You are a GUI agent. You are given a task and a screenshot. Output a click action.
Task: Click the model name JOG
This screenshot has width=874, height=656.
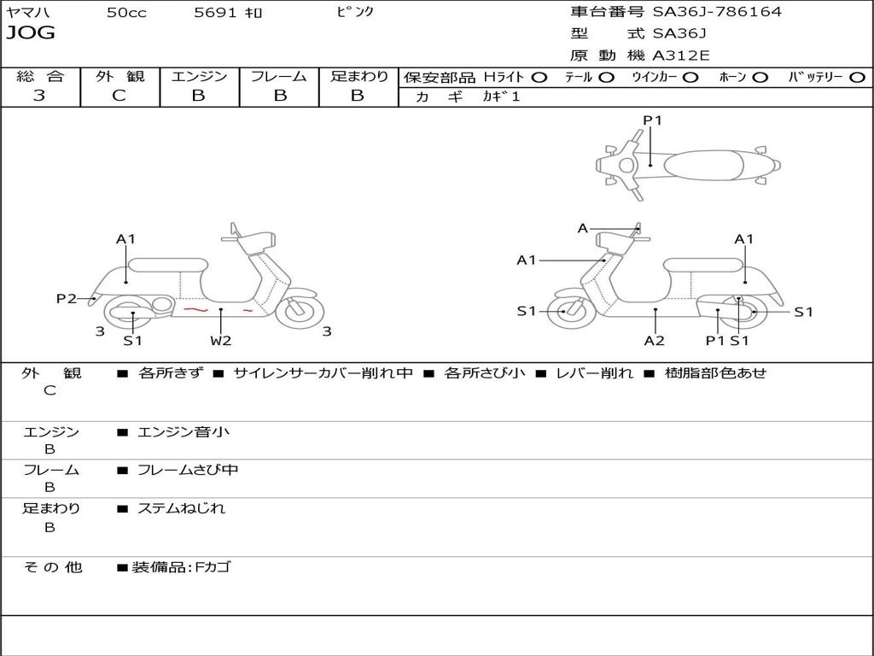[31, 33]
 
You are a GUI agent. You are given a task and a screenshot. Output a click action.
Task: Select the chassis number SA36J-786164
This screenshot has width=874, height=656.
[717, 12]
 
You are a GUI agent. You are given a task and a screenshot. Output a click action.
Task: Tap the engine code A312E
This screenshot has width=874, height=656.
[680, 56]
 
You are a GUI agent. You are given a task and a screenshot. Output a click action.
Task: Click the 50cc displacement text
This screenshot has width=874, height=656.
[126, 12]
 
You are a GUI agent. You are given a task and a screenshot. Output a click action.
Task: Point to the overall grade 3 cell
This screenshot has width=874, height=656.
[39, 96]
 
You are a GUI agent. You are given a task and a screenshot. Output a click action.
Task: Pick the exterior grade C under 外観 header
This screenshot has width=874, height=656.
[119, 96]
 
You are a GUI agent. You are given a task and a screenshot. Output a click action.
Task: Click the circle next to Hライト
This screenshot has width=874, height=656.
[539, 78]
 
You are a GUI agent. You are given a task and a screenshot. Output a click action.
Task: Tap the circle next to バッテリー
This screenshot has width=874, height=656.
[857, 78]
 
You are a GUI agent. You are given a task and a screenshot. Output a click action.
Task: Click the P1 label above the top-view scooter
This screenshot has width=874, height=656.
[652, 120]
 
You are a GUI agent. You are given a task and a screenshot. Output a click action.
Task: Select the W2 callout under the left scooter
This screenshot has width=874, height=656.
[221, 340]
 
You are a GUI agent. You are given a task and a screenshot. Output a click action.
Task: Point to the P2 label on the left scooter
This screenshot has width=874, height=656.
[67, 298]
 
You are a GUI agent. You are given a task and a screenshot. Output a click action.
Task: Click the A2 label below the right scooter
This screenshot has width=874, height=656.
[655, 340]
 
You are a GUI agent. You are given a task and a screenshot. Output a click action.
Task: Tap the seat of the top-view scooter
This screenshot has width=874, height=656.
[703, 165]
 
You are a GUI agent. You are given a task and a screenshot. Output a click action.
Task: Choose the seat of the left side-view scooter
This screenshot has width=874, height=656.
[168, 265]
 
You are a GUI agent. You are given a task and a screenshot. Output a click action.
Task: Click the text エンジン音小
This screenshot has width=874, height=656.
[183, 431]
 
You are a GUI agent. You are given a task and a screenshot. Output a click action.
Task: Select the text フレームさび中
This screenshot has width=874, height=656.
[188, 471]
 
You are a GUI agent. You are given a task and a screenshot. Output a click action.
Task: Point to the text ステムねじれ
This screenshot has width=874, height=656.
[181, 508]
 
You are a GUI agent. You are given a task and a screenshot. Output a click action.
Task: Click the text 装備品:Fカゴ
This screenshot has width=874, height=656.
[181, 567]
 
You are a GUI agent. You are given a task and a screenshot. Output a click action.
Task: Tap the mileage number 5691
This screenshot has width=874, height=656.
[215, 12]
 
